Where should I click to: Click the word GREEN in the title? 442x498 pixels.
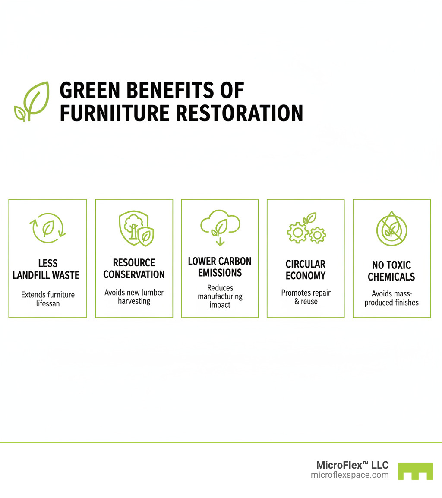click(86, 91)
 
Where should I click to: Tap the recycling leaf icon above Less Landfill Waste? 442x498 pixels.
click(47, 228)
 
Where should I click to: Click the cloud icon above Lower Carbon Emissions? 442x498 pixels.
click(220, 227)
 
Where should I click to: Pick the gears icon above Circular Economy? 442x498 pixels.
click(306, 229)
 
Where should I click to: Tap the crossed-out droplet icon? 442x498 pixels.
click(391, 229)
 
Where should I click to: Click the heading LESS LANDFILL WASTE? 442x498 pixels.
click(46, 269)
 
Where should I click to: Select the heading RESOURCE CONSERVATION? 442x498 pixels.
click(134, 268)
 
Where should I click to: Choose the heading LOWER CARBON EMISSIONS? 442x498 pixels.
click(220, 267)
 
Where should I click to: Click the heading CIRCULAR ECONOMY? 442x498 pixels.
click(306, 270)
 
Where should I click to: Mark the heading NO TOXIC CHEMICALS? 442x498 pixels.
click(391, 271)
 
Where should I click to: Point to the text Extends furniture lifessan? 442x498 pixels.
click(48, 299)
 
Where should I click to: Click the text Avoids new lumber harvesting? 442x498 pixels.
click(134, 296)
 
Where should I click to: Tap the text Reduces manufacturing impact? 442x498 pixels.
click(220, 296)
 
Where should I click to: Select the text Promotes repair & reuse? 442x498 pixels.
click(306, 297)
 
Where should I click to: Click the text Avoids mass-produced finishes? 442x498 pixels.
click(391, 298)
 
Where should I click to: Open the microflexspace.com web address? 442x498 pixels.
click(350, 475)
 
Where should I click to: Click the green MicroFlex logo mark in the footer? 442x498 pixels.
click(415, 471)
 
